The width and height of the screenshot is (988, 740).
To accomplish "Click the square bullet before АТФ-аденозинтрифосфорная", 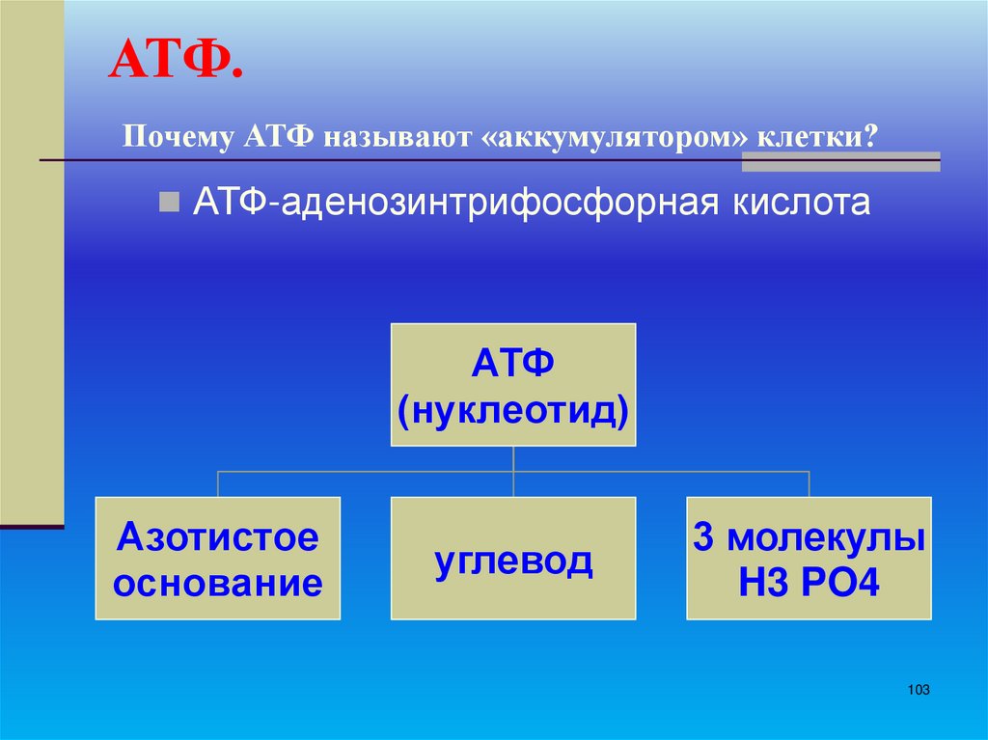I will pos(169,203).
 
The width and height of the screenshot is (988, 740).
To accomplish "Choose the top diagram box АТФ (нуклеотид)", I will pos(513,385).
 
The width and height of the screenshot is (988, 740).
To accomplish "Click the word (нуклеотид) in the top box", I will pos(513,410).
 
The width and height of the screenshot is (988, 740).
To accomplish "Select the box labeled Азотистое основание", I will pos(217,558).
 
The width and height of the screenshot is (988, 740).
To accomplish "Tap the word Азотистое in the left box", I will pos(217,536).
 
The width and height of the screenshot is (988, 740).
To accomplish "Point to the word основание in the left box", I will pos(217,583).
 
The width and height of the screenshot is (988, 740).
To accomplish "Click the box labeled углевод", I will pos(513,558).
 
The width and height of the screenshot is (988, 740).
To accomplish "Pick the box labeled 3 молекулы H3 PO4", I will pos(809,558).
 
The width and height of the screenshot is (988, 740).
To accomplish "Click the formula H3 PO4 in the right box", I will pos(809,583).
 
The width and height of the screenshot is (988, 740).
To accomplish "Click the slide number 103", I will pos(918,690).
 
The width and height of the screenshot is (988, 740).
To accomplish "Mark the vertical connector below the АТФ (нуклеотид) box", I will pos(513,460).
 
